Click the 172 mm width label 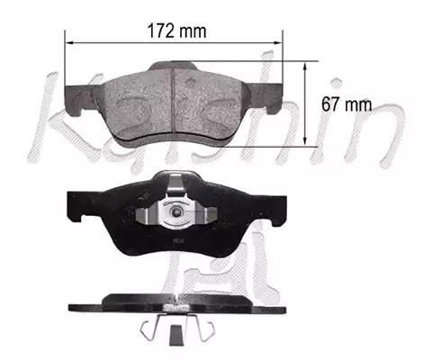tap(177, 31)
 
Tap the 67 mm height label tap(346, 104)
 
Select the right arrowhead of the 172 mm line tap(278, 43)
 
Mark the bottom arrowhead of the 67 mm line tap(305, 141)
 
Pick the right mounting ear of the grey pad tap(265, 97)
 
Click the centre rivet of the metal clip tap(176, 212)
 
